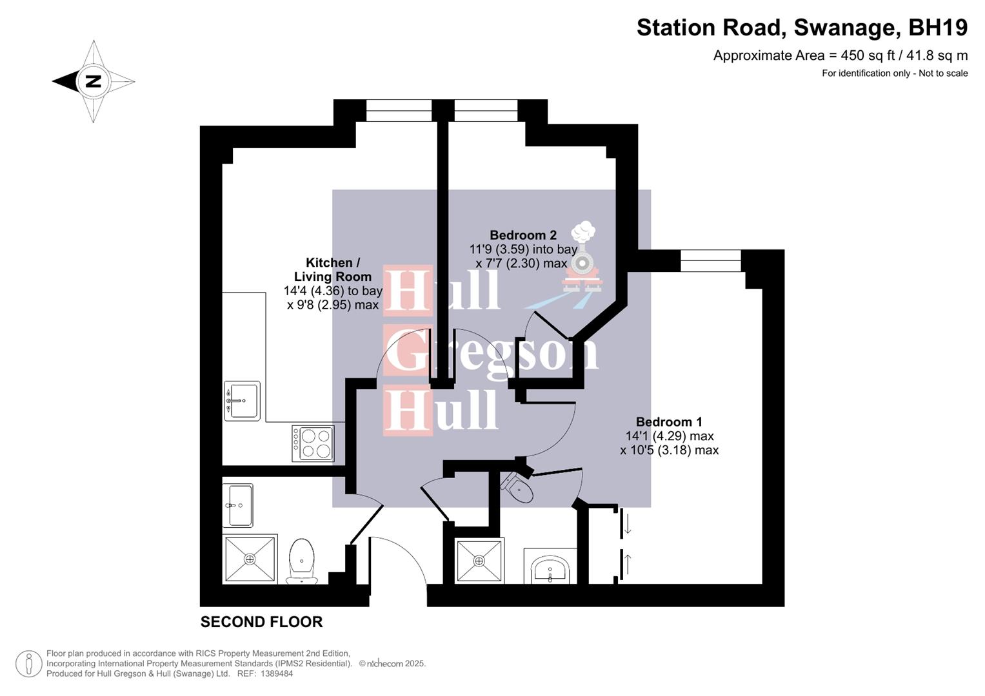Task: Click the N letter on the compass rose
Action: [94, 81]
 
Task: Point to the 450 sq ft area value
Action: [865, 55]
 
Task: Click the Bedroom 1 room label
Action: [668, 422]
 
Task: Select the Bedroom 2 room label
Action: [522, 235]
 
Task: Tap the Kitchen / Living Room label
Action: [332, 269]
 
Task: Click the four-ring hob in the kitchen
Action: [313, 443]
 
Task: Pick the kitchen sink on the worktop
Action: [242, 401]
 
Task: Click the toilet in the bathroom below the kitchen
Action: [302, 561]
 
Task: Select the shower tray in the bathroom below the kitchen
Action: [250, 559]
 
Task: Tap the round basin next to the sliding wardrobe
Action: [550, 570]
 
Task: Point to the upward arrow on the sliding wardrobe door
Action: [628, 564]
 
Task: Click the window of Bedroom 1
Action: [710, 260]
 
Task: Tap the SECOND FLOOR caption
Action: [261, 622]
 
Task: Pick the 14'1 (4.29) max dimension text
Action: [669, 436]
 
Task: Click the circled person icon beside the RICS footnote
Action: [29, 664]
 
